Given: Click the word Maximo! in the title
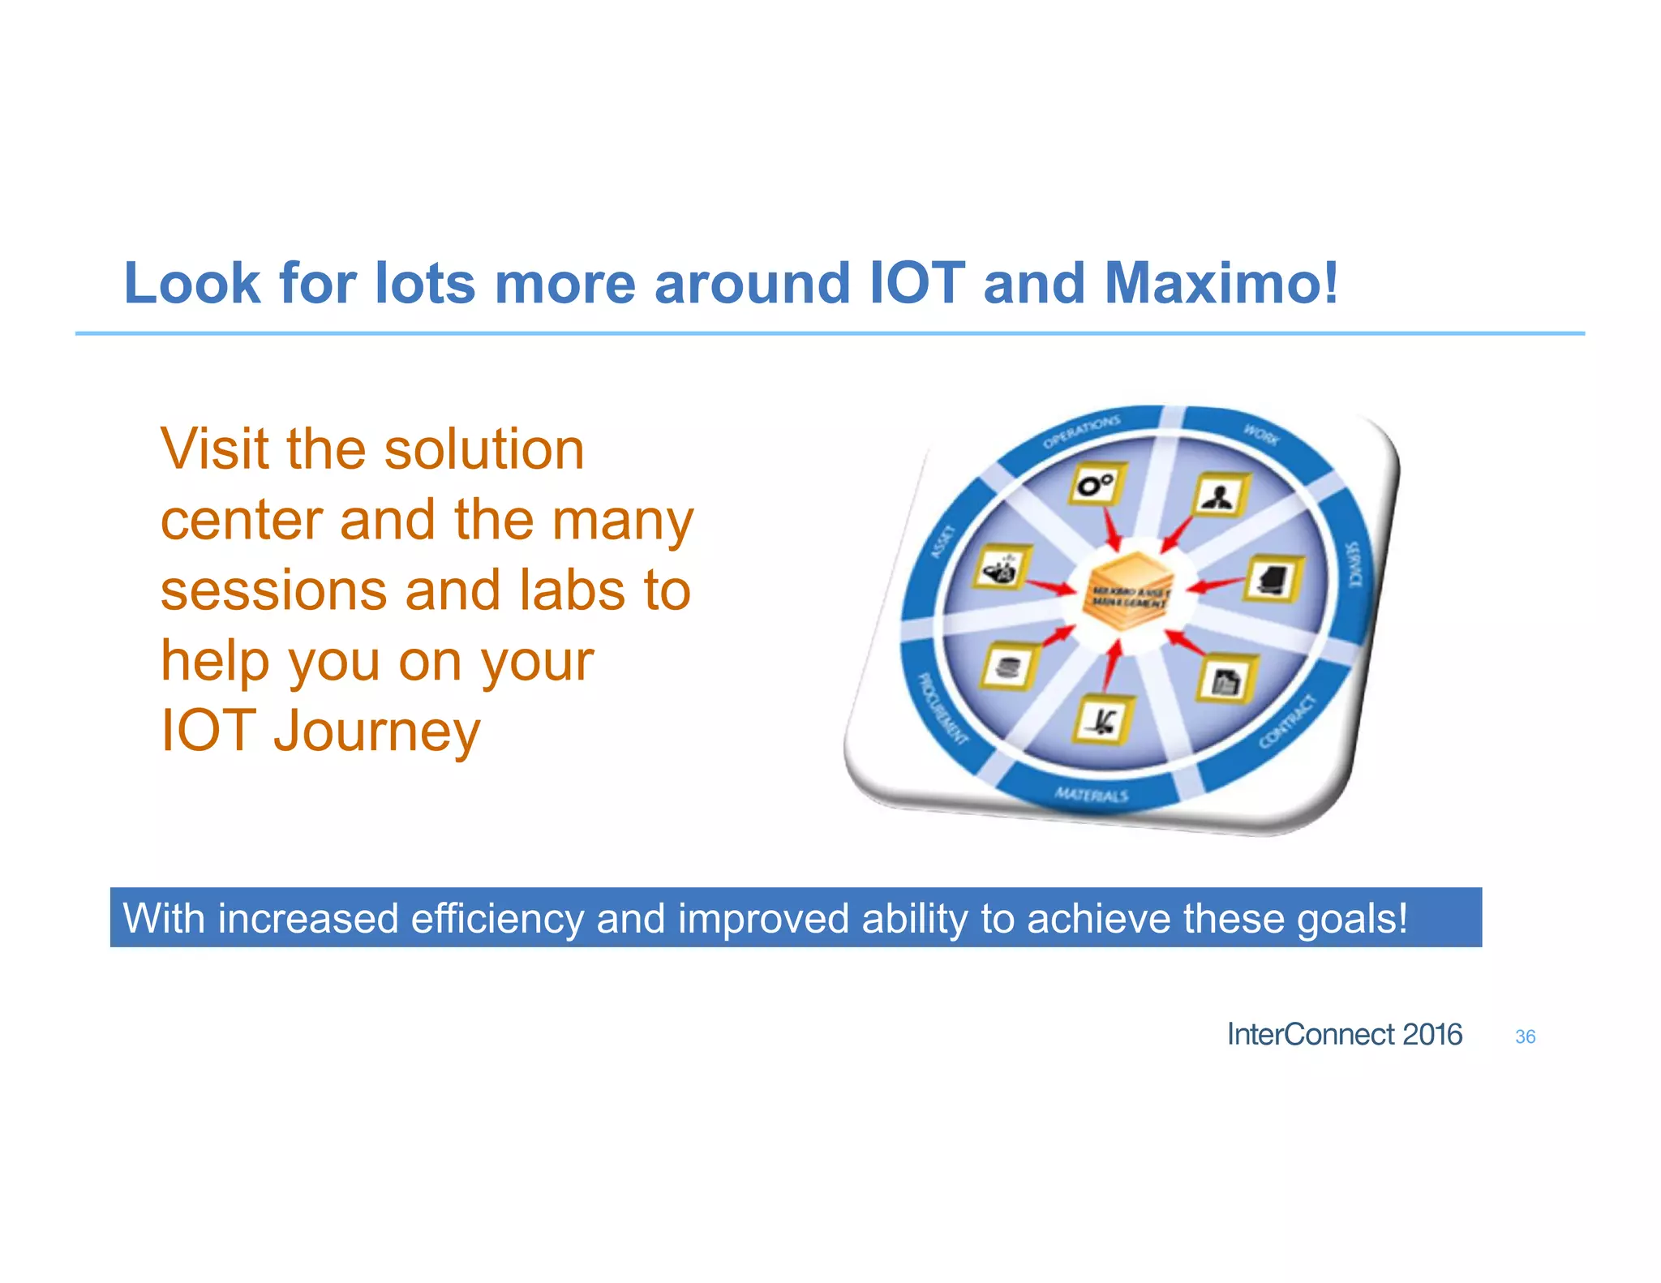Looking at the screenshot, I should (x=1221, y=284).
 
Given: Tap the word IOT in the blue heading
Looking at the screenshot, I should (x=916, y=284).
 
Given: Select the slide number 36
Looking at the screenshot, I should (x=1525, y=1036).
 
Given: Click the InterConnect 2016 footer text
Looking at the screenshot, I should (x=1344, y=1035).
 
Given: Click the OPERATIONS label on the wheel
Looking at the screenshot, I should (x=1081, y=432).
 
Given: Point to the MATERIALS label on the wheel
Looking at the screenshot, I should (x=1091, y=794).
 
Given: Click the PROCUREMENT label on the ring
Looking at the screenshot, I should (x=942, y=708).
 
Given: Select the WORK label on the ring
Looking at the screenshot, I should (x=1261, y=436).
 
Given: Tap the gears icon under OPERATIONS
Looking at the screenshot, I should (x=1096, y=486).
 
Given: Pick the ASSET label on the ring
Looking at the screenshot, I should (x=942, y=542).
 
